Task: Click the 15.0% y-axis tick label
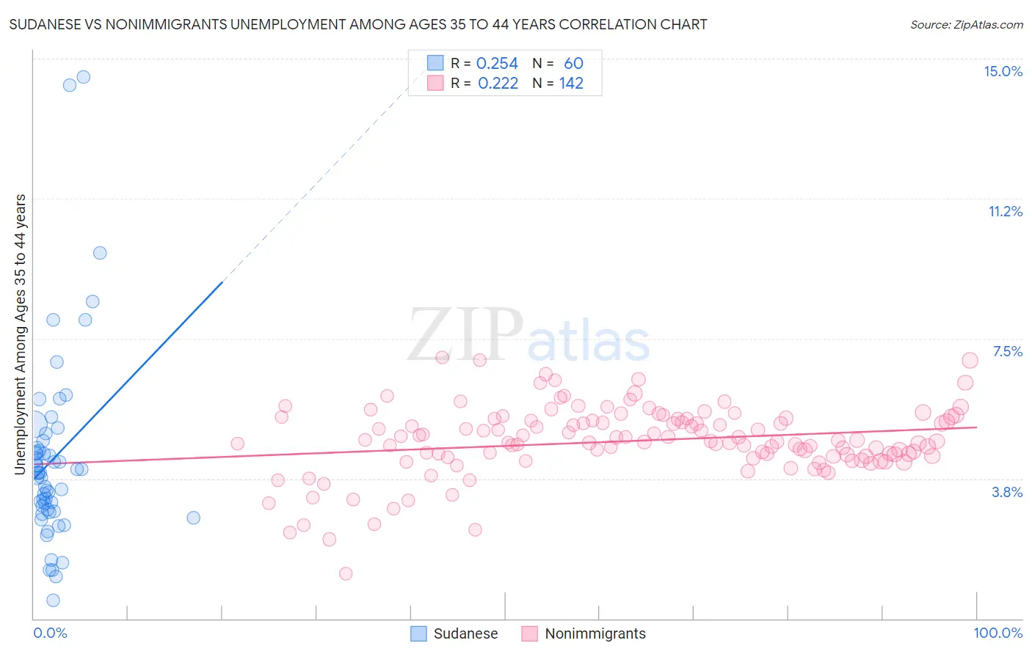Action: (1003, 71)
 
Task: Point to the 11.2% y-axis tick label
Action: (1005, 211)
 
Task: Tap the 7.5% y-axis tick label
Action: (1007, 351)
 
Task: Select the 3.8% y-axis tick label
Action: (1007, 492)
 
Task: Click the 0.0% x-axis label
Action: (50, 633)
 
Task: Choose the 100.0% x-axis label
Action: (998, 633)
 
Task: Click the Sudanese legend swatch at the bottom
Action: (418, 633)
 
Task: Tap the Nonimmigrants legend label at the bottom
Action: (595, 633)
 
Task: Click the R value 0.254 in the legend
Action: (497, 64)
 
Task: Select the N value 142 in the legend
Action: (571, 84)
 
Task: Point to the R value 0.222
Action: (498, 84)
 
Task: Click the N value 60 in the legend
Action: (573, 64)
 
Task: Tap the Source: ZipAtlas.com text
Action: (966, 24)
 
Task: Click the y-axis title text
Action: (21, 334)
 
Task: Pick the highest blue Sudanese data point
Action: (84, 77)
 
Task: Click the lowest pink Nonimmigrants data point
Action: (346, 573)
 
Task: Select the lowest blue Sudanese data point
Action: (53, 600)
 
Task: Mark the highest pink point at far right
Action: (970, 360)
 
